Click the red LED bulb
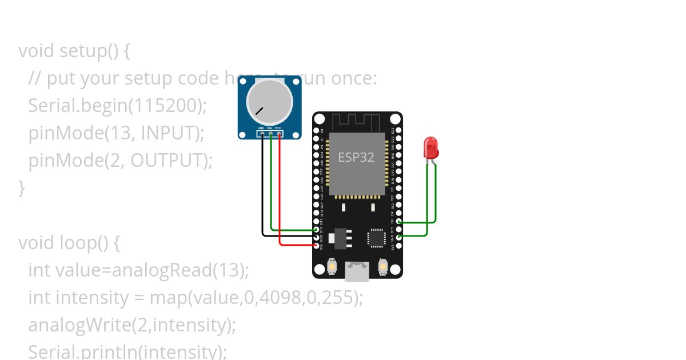pyautogui.click(x=430, y=147)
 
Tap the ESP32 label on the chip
pyautogui.click(x=356, y=157)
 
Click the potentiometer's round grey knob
pyautogui.click(x=269, y=102)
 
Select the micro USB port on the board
pyautogui.click(x=357, y=271)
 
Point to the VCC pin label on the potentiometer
pyautogui.click(x=278, y=128)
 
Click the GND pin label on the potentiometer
pyautogui.click(x=261, y=128)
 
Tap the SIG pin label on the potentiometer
pyautogui.click(x=270, y=128)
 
